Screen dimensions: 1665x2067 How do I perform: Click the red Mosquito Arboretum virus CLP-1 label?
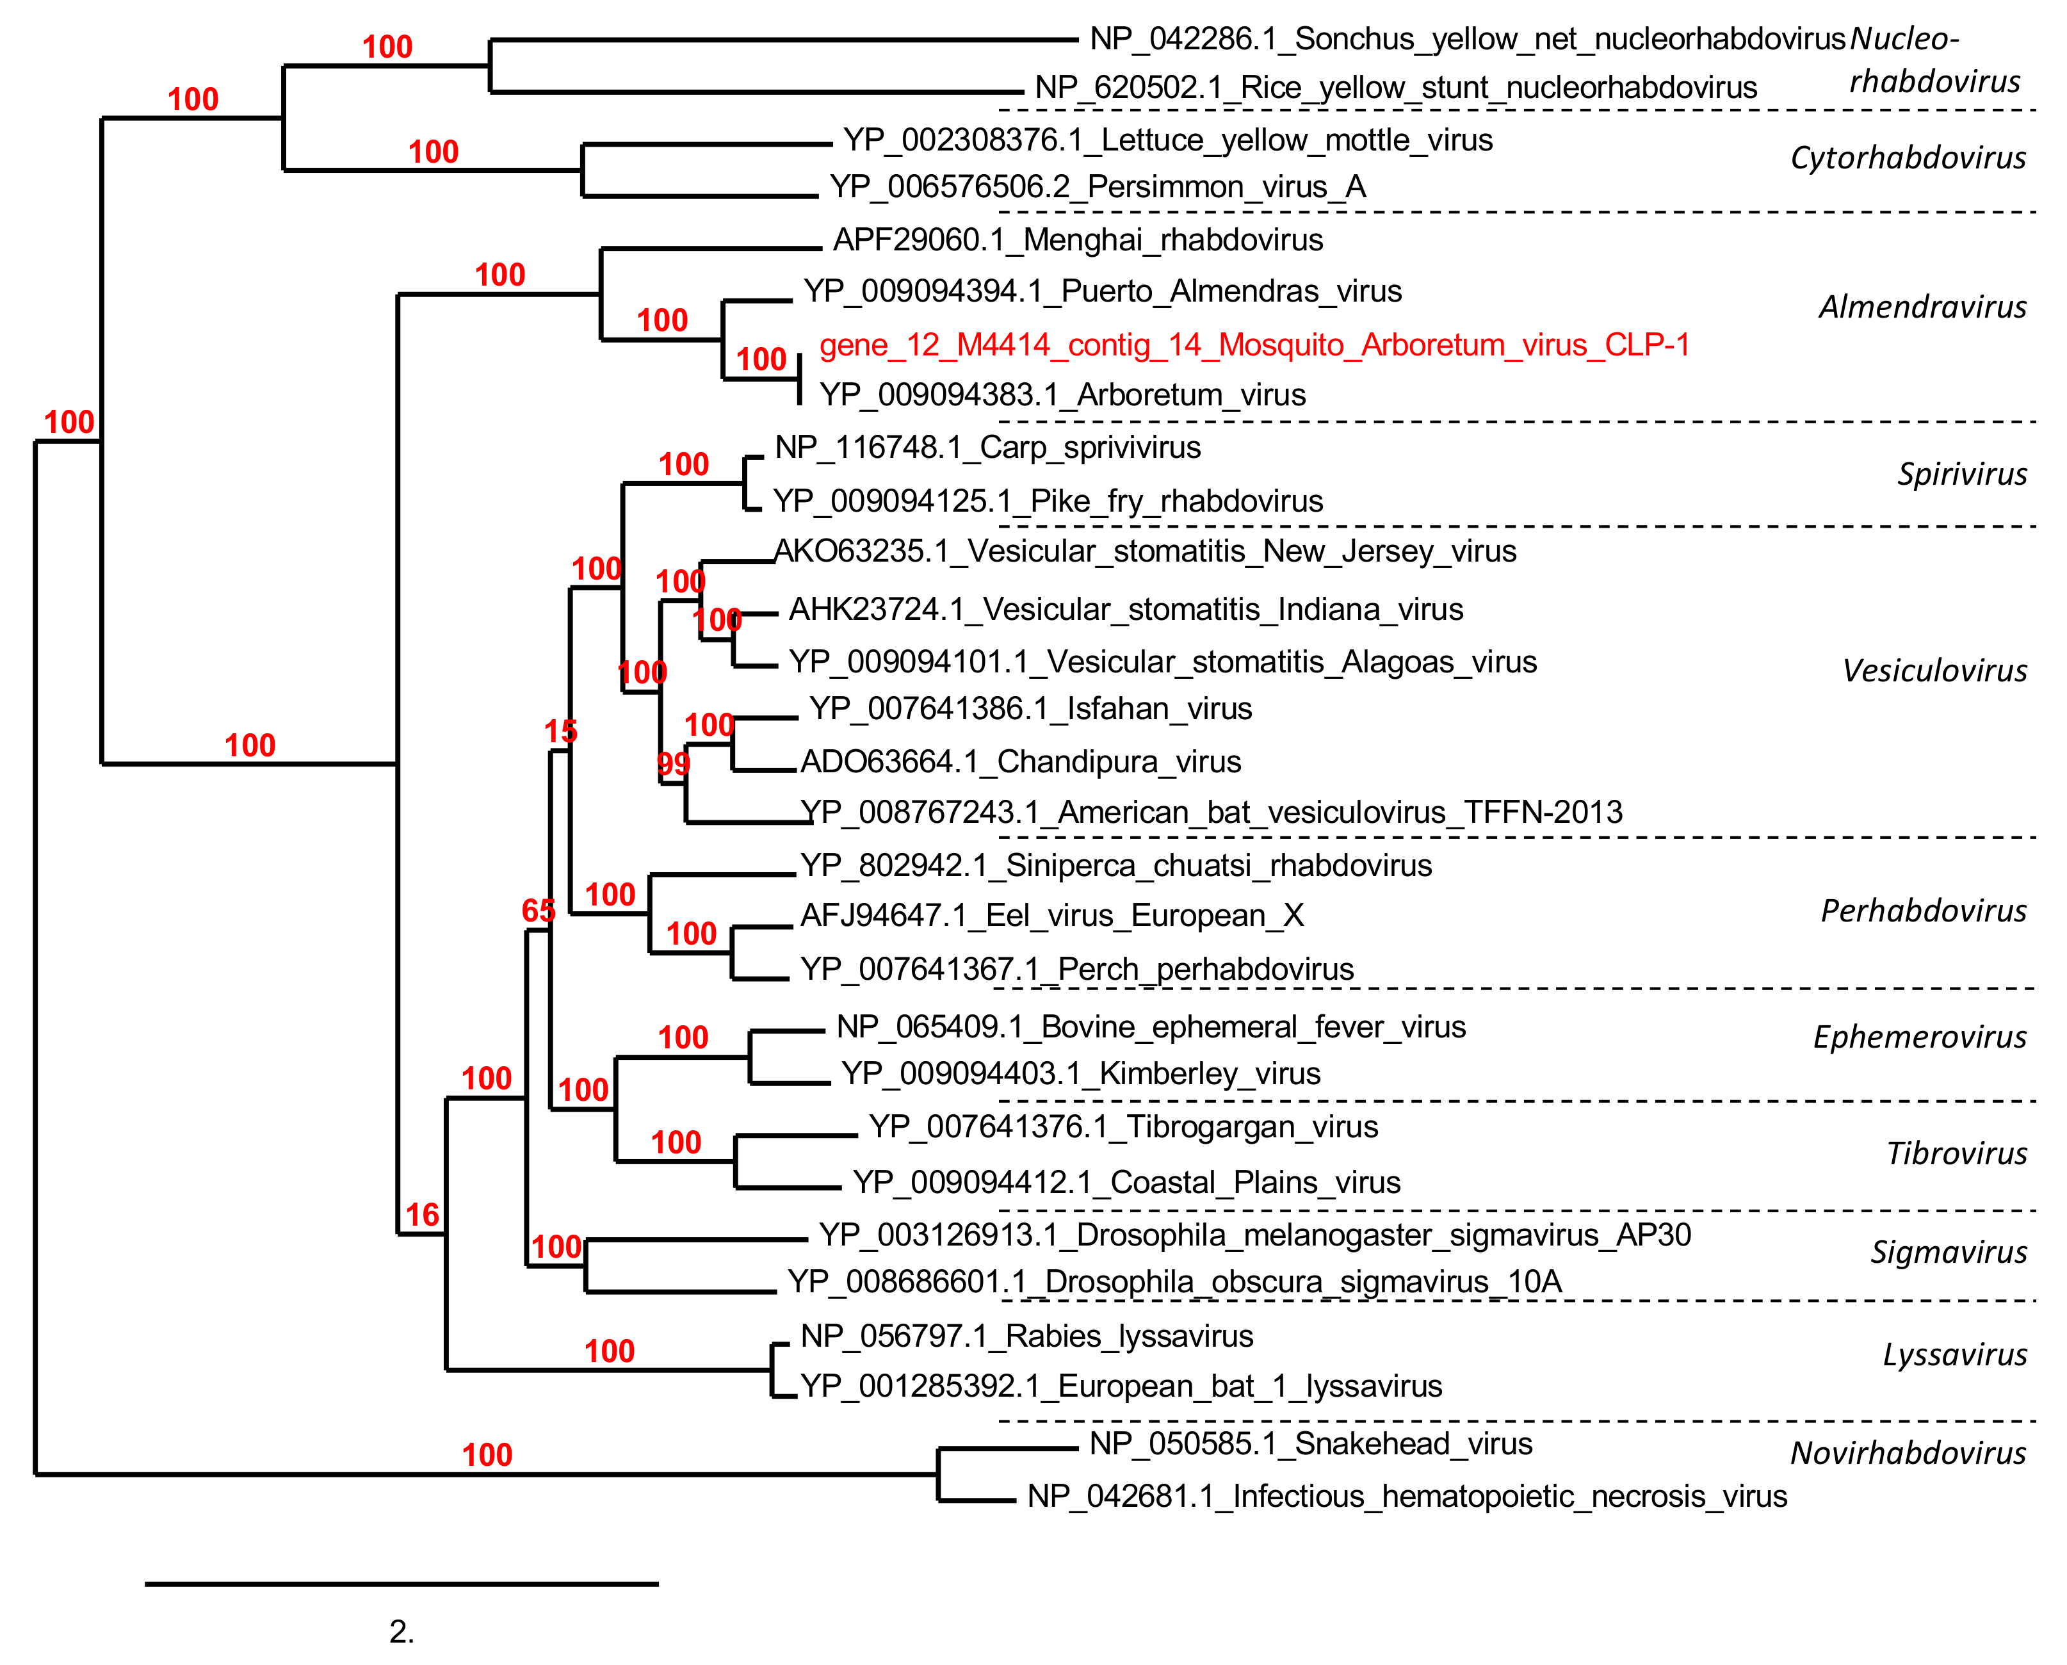tap(1254, 345)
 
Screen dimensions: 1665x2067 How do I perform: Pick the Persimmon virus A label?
tap(1098, 187)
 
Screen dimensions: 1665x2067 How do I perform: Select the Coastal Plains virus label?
tap(1126, 1183)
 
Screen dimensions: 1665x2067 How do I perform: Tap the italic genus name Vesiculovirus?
tap(1934, 671)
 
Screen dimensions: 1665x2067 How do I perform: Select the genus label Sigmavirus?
tap(1948, 1253)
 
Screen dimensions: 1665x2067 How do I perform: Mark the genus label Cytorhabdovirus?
tap(1907, 158)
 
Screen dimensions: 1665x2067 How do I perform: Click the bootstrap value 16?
tap(422, 1216)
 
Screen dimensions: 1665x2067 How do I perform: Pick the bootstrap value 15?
tap(561, 733)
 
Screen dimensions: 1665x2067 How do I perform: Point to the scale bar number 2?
tap(402, 1632)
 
